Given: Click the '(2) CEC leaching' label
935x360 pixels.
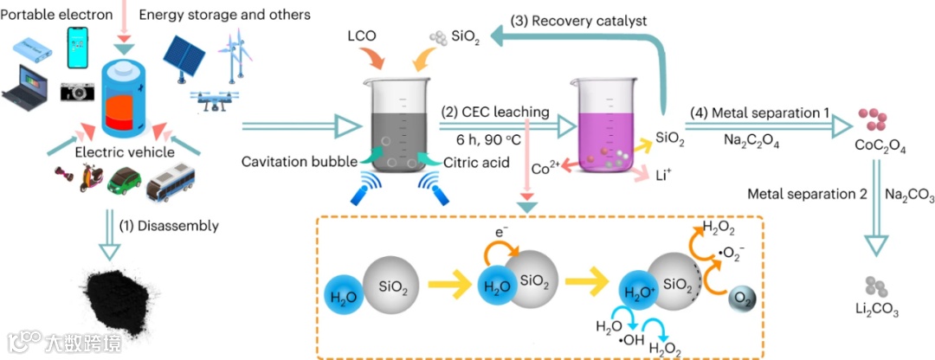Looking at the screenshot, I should pos(494,112).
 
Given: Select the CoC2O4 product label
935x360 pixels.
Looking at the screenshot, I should pos(882,148).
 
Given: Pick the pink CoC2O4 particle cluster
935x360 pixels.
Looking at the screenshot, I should pos(875,120).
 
